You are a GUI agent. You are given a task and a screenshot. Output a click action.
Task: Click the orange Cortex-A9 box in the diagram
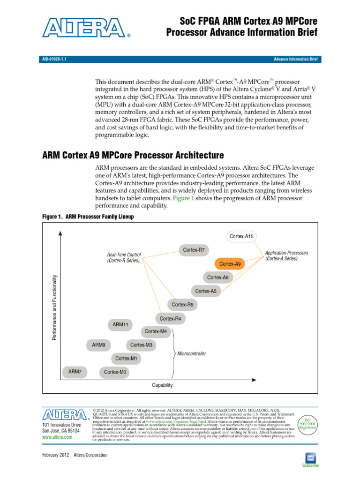click(x=230, y=264)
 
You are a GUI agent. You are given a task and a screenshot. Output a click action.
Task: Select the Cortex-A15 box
click(x=241, y=236)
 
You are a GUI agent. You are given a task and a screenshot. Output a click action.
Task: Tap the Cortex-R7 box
click(x=194, y=250)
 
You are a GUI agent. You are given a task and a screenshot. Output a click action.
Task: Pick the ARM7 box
click(x=75, y=371)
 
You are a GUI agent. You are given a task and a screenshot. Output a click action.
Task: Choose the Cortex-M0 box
click(x=115, y=372)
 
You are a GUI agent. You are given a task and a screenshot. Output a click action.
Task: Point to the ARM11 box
click(x=120, y=324)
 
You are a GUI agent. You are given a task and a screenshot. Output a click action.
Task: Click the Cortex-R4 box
click(x=170, y=319)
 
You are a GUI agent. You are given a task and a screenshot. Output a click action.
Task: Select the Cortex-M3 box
click(x=141, y=345)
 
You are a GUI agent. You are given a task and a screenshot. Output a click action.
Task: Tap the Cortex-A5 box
click(x=206, y=291)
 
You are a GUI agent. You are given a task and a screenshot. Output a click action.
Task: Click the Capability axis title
click(x=162, y=385)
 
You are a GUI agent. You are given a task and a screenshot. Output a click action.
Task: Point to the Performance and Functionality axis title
click(x=54, y=307)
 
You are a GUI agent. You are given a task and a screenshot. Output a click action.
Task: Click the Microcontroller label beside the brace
click(x=191, y=353)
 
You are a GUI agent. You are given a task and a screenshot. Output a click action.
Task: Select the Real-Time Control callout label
click(x=124, y=257)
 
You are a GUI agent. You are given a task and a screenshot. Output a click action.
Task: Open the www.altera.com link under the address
click(x=57, y=436)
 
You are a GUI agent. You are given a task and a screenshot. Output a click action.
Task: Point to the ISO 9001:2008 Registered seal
click(x=307, y=424)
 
